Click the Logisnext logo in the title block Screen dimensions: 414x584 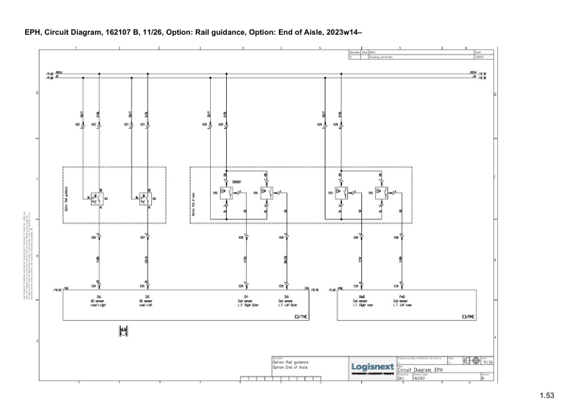coord(373,366)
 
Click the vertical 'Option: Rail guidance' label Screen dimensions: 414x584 coord(67,196)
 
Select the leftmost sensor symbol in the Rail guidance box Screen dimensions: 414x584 coord(98,198)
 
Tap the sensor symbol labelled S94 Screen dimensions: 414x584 coord(266,194)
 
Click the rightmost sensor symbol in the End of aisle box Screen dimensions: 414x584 coord(381,194)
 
